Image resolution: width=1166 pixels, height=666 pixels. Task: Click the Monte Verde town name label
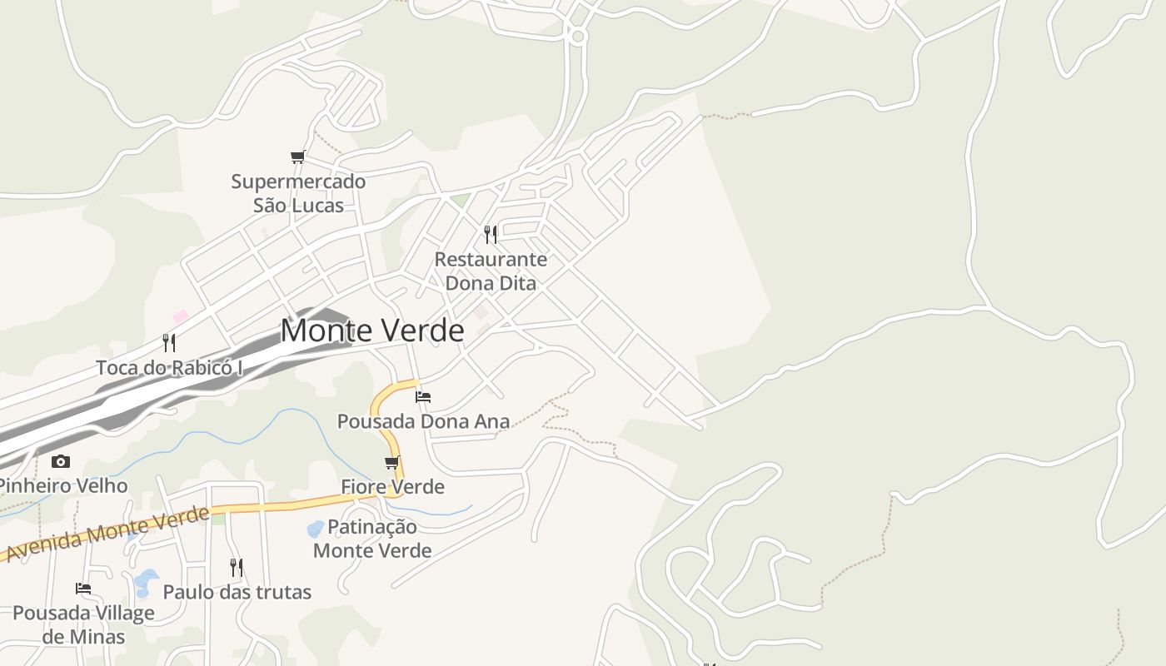[x=372, y=331]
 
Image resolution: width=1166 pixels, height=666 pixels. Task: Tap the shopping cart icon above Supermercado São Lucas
[x=297, y=157]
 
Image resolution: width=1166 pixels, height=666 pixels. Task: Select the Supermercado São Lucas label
[x=298, y=193]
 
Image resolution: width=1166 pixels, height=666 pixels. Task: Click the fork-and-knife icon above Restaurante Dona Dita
[x=491, y=235]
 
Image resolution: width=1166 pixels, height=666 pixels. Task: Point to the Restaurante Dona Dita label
[x=491, y=271]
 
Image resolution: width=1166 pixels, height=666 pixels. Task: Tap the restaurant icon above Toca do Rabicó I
[x=169, y=342]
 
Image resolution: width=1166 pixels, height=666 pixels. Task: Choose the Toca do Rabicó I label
[x=169, y=367]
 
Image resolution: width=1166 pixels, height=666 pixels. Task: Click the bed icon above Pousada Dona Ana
[x=423, y=396]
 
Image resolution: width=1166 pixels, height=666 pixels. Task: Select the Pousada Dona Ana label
[x=423, y=421]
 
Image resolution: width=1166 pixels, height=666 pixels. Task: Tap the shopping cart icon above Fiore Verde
[x=391, y=462]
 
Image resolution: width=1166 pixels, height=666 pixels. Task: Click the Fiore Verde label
[x=393, y=486]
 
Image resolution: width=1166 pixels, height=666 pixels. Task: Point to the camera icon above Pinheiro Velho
[x=60, y=461]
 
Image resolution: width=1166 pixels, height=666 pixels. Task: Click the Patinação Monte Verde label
[x=372, y=539]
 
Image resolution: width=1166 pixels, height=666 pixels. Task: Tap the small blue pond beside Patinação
[x=315, y=529]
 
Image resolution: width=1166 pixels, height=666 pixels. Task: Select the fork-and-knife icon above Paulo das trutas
[x=237, y=568]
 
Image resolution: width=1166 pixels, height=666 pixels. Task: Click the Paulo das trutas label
[x=237, y=592]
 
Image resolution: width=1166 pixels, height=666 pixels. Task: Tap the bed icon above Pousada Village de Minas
[x=83, y=589]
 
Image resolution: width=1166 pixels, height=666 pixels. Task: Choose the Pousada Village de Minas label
[x=83, y=624]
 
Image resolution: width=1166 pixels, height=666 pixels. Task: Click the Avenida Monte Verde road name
[x=107, y=533]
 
